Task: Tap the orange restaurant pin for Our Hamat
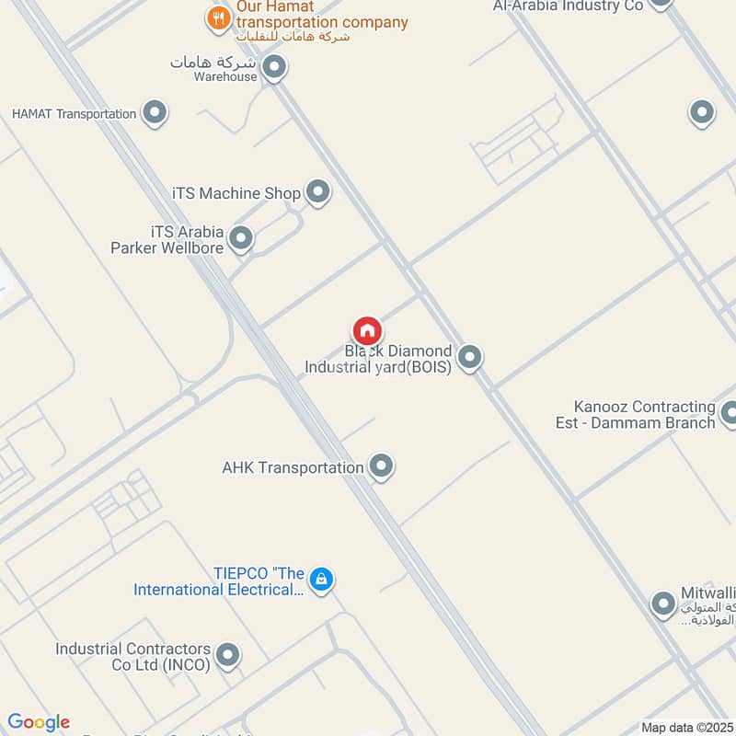[x=218, y=17]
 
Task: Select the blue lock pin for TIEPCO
[x=321, y=579]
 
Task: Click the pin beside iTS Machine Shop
[x=318, y=192]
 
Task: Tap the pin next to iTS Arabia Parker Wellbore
[x=241, y=238]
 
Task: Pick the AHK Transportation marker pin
[x=381, y=466]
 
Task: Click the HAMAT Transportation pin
[x=155, y=113]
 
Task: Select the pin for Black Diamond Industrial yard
[x=470, y=357]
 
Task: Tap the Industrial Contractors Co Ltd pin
[x=227, y=655]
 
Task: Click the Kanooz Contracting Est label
[x=644, y=414]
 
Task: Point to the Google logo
[x=39, y=722]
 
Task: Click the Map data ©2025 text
[x=685, y=728]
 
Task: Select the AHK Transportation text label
[x=293, y=467]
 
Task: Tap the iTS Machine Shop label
[x=236, y=193]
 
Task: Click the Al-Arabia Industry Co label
[x=568, y=6]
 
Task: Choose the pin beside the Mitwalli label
[x=663, y=604]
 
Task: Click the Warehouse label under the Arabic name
[x=225, y=77]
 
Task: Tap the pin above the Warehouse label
[x=273, y=66]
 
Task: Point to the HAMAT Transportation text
[x=74, y=114]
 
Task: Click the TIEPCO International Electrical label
[x=218, y=581]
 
